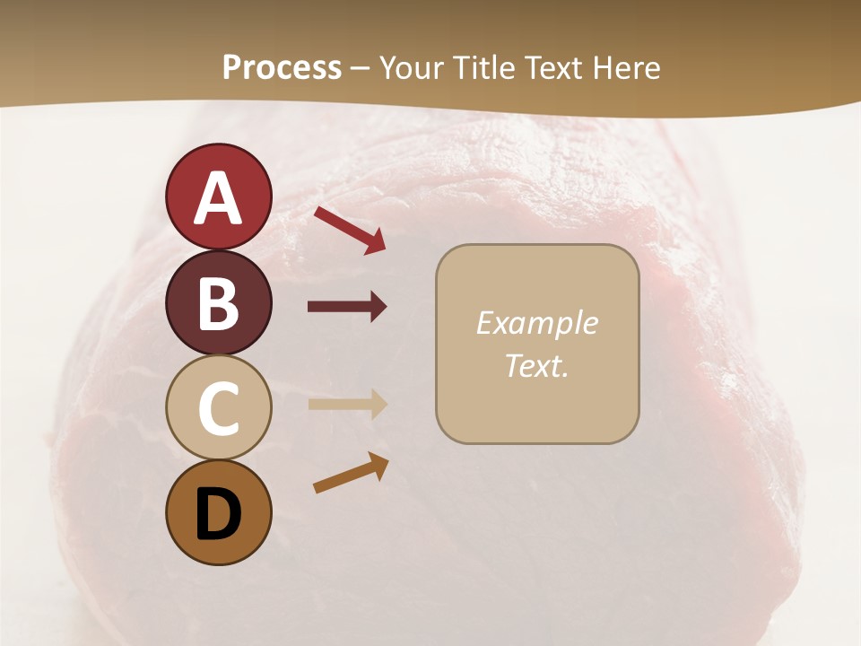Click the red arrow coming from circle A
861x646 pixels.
(349, 230)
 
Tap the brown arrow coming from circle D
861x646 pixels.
(351, 473)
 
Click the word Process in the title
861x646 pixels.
(282, 67)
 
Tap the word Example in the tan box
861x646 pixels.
(536, 323)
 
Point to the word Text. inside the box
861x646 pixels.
(536, 365)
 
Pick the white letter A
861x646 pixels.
(218, 198)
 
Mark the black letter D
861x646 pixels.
(218, 513)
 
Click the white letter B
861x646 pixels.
(218, 303)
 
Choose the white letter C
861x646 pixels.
(218, 409)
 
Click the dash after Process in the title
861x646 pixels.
(361, 68)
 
